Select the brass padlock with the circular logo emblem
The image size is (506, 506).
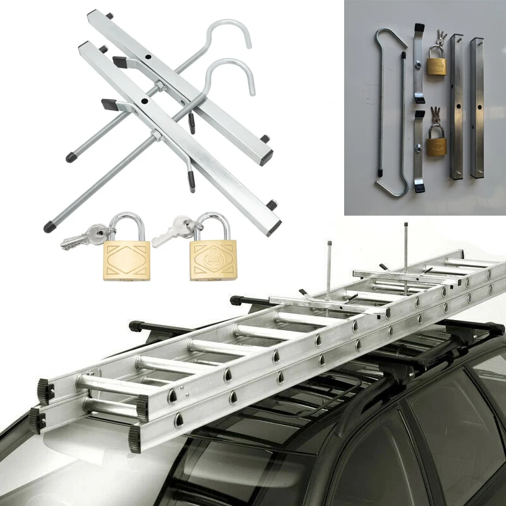213,260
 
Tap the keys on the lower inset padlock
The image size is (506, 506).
434,115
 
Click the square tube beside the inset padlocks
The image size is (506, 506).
456,108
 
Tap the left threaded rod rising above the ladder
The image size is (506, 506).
329,266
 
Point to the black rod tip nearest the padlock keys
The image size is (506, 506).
48,226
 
